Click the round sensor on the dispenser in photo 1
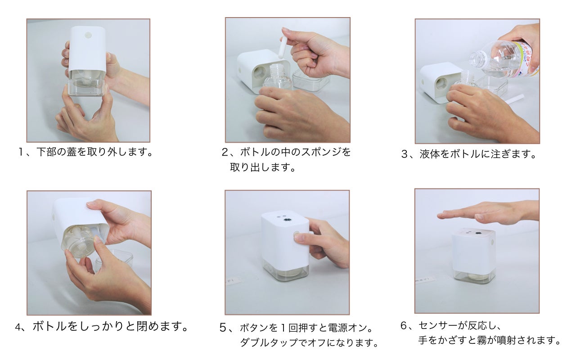(x=89, y=35)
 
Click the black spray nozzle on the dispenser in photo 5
(x=287, y=220)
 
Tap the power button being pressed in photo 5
(x=297, y=235)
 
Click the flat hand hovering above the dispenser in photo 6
(x=488, y=212)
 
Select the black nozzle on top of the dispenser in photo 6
(x=478, y=234)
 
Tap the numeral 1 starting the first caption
(x=21, y=152)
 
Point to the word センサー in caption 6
(x=438, y=325)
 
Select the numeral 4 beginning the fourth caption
(x=18, y=327)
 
